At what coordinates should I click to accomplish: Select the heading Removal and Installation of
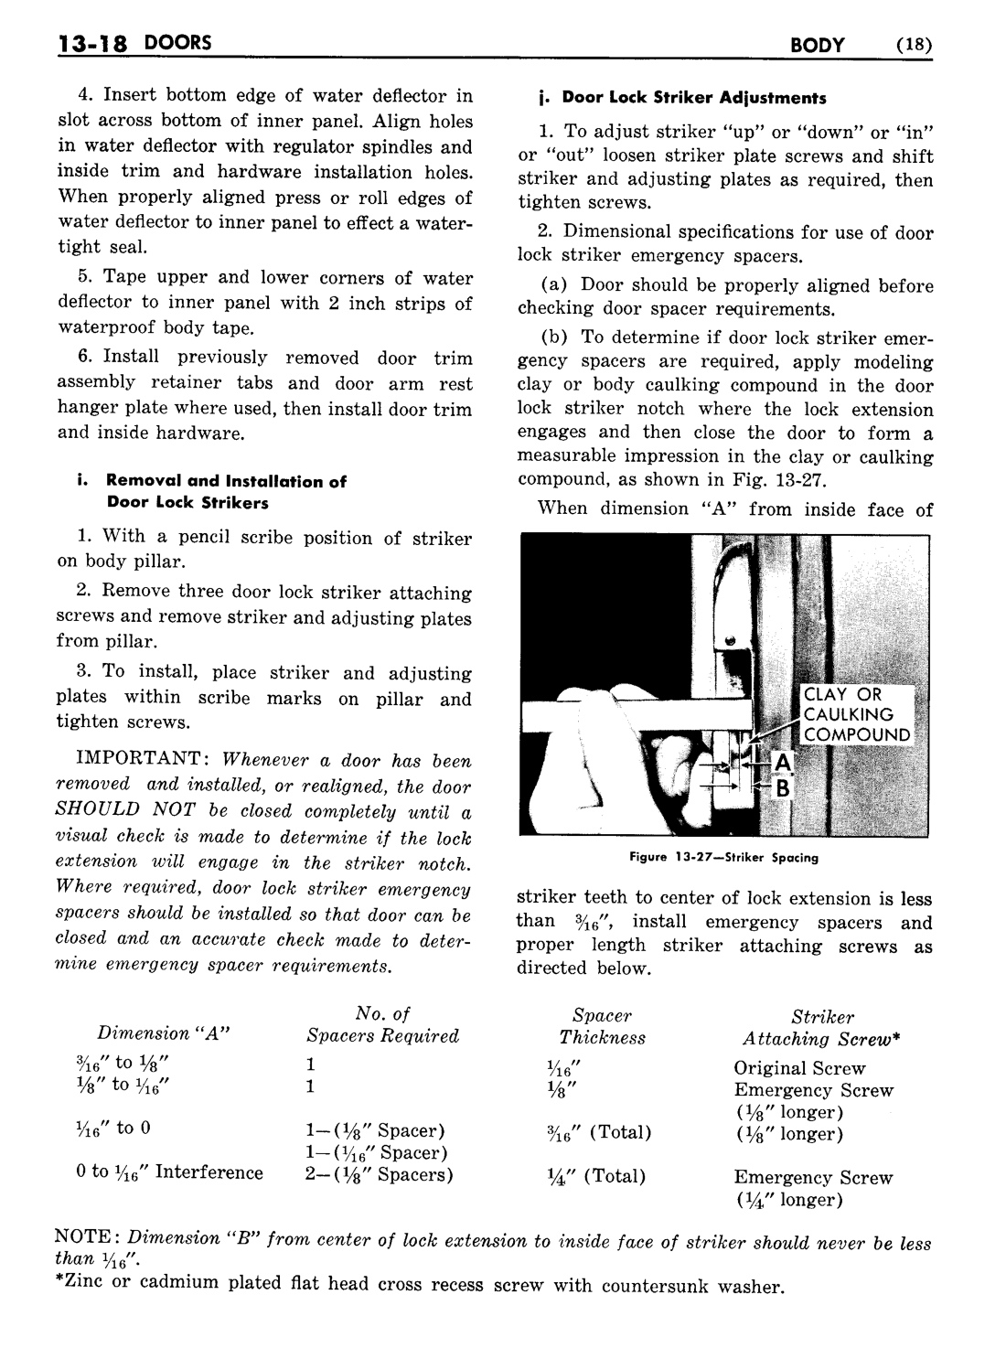tap(226, 481)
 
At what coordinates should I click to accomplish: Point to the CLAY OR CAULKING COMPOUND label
tap(857, 715)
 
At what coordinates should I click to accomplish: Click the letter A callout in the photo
tap(783, 761)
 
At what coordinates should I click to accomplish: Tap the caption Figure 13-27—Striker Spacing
tap(723, 858)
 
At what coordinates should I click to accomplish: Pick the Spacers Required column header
tap(382, 1035)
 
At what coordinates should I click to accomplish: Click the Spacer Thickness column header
tap(602, 1037)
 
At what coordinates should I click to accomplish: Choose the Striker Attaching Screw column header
tap(822, 1039)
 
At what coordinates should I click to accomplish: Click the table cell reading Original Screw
tap(799, 1068)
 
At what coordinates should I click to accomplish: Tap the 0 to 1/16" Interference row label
tap(170, 1173)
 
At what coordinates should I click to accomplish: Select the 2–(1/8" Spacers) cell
tap(379, 1175)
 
